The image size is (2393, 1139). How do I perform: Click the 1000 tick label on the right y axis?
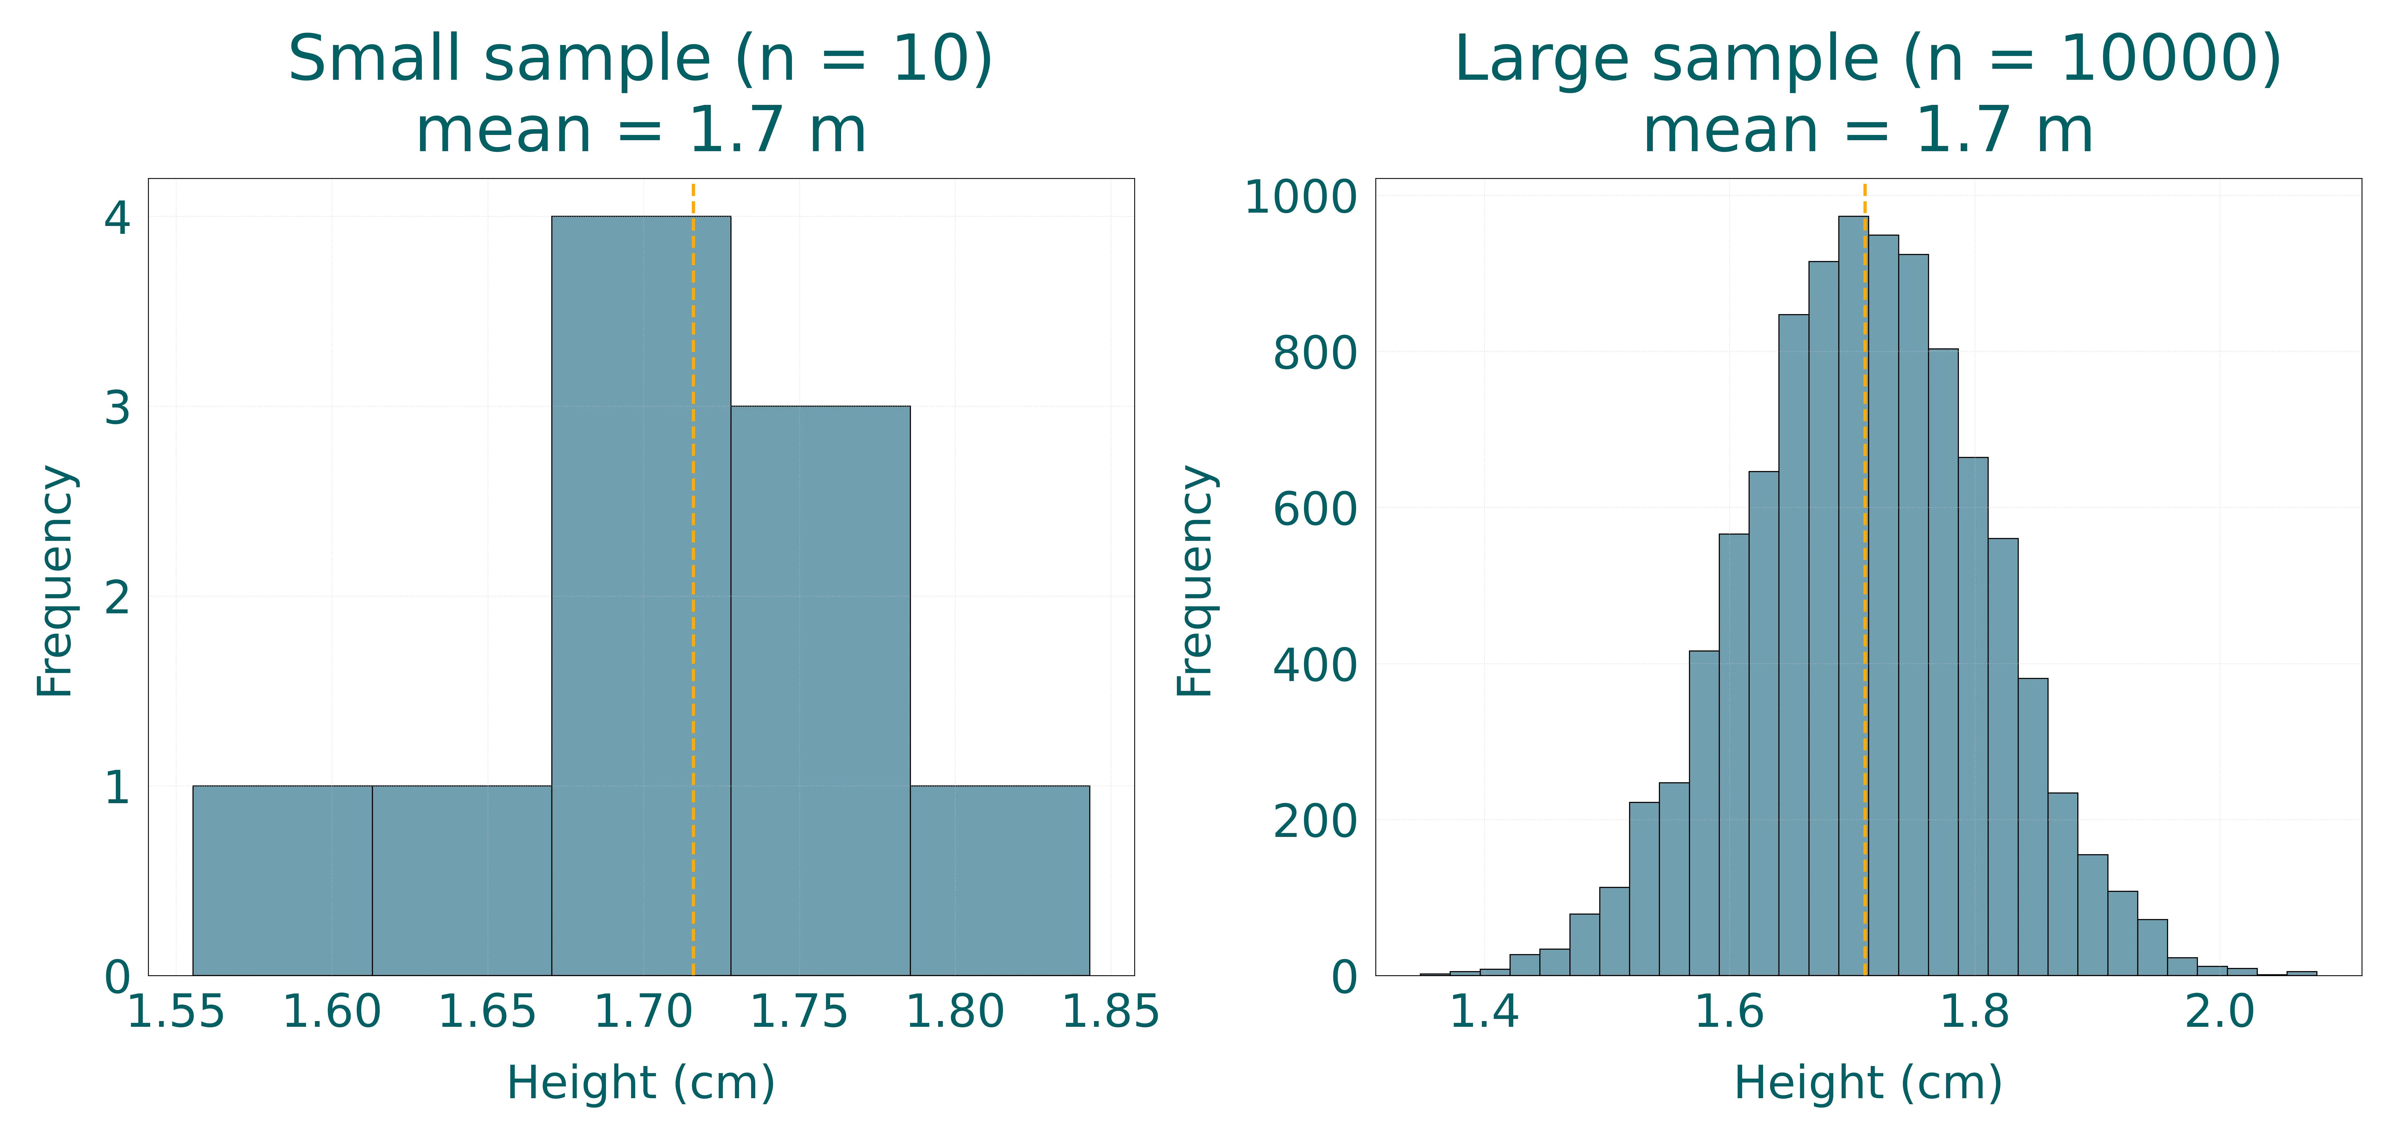pos(1301,197)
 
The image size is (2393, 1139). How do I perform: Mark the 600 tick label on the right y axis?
pos(1314,509)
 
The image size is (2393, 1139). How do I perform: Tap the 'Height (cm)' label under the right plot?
pos(1867,1082)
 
